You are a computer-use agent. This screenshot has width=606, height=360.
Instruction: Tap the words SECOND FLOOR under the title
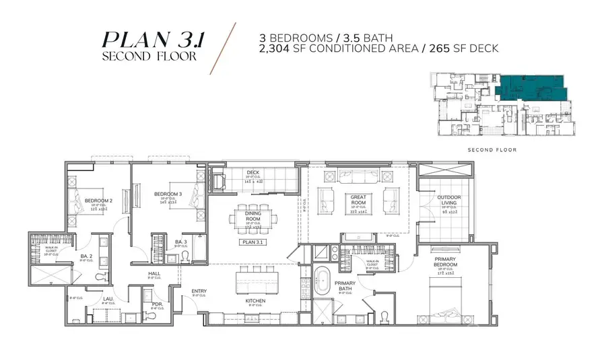click(x=149, y=57)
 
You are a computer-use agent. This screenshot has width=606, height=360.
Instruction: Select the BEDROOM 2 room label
click(x=98, y=201)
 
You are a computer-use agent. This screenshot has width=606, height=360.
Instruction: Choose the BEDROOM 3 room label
click(x=168, y=194)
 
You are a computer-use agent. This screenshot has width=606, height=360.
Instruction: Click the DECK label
click(x=252, y=172)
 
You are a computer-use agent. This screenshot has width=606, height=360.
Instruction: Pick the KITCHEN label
click(x=255, y=300)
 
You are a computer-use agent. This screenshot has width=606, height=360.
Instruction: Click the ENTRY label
click(x=199, y=291)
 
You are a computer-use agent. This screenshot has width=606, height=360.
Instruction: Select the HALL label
click(x=154, y=274)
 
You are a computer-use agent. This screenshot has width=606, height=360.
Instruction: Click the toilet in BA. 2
click(x=101, y=276)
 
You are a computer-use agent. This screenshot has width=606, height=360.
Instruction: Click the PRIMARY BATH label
click(x=345, y=284)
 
